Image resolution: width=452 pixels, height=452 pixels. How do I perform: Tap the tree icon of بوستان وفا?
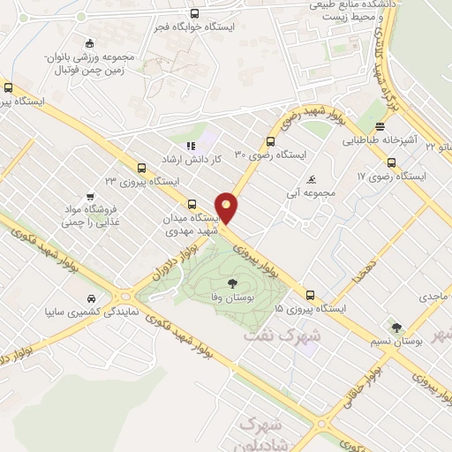pyautogui.click(x=232, y=283)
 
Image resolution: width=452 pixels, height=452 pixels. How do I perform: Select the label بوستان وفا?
pyautogui.click(x=232, y=300)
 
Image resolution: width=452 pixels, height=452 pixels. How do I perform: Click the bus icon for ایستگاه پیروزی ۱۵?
pyautogui.click(x=310, y=295)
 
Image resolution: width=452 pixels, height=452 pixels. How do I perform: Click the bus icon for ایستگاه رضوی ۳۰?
pyautogui.click(x=270, y=142)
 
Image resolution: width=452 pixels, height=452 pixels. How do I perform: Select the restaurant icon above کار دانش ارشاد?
pyautogui.click(x=189, y=147)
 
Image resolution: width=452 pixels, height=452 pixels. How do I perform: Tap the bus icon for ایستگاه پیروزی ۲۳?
pyautogui.click(x=141, y=168)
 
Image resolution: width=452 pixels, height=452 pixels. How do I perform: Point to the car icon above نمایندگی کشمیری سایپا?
pyautogui.click(x=92, y=298)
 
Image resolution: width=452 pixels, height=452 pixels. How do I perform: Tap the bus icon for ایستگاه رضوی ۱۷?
pyautogui.click(x=391, y=162)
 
